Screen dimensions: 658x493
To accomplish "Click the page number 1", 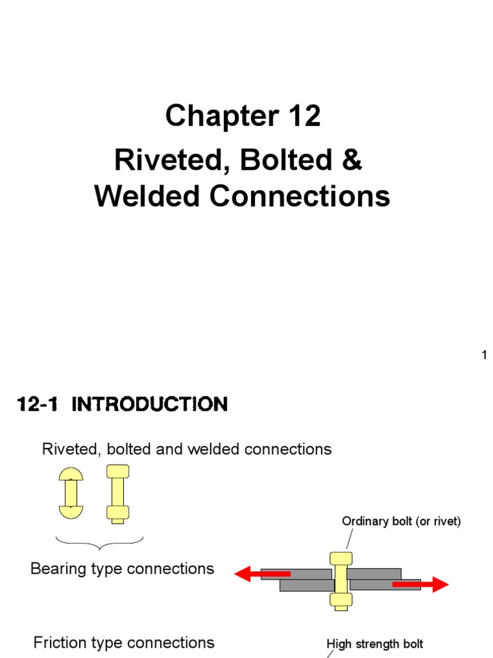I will click(x=485, y=355).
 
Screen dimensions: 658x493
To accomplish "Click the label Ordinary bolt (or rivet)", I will click(x=401, y=522).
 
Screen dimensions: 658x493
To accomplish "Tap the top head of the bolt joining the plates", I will click(x=341, y=558).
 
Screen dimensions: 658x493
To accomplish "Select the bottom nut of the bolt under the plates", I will click(x=341, y=601).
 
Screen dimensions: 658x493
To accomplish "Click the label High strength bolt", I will click(x=375, y=644).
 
